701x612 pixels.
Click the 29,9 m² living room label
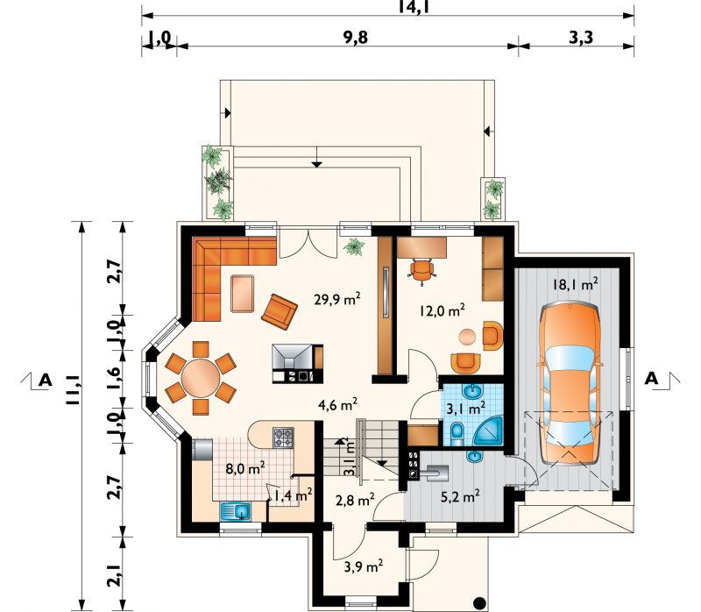[x=337, y=299]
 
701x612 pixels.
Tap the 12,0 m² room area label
[x=443, y=310]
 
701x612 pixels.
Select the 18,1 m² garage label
[x=576, y=284]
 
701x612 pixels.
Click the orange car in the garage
[x=570, y=385]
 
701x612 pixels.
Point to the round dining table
[x=201, y=378]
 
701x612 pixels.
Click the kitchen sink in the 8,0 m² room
[x=235, y=511]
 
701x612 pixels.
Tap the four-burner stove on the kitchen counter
[x=283, y=438]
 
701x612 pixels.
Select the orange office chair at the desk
[x=421, y=270]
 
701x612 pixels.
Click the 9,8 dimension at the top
[x=356, y=37]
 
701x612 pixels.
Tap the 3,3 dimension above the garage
[x=581, y=37]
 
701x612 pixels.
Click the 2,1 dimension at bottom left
[x=114, y=574]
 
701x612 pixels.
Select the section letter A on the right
[x=651, y=379]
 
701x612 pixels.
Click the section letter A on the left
[x=46, y=381]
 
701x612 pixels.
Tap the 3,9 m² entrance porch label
[x=363, y=566]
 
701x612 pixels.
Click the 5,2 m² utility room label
[x=461, y=496]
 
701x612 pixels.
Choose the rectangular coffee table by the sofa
[x=243, y=294]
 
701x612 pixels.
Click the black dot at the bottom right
[x=479, y=603]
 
